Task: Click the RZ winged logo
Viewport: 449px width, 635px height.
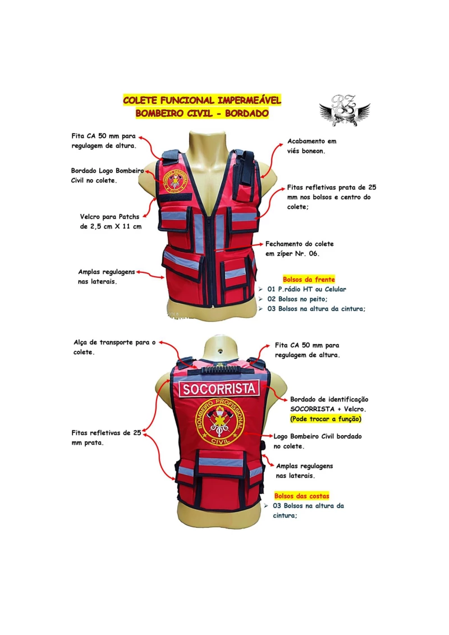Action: click(x=345, y=111)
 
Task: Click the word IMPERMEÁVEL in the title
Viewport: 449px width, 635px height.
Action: click(x=249, y=100)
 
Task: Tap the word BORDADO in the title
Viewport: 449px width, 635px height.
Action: click(x=247, y=113)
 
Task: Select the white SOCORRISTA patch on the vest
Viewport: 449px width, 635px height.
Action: click(x=219, y=389)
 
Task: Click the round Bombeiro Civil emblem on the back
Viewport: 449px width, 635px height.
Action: click(x=220, y=422)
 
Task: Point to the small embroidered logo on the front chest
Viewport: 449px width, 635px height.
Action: click(x=175, y=180)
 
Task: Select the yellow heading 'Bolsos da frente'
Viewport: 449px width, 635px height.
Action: click(x=309, y=280)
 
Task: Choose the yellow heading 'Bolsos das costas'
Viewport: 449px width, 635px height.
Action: click(x=301, y=496)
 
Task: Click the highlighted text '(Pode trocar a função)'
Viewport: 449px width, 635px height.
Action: click(x=326, y=419)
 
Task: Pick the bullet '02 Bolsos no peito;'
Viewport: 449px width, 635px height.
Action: click(x=297, y=299)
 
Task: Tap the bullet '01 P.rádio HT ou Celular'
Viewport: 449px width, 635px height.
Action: click(x=307, y=289)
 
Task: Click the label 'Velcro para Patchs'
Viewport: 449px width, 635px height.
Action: click(x=109, y=217)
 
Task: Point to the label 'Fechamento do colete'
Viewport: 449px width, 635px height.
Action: click(x=300, y=244)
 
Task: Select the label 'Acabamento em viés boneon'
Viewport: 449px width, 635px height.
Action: click(x=311, y=146)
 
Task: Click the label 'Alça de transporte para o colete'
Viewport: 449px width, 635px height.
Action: click(x=114, y=347)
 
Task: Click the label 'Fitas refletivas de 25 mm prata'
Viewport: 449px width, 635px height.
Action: click(x=106, y=437)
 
